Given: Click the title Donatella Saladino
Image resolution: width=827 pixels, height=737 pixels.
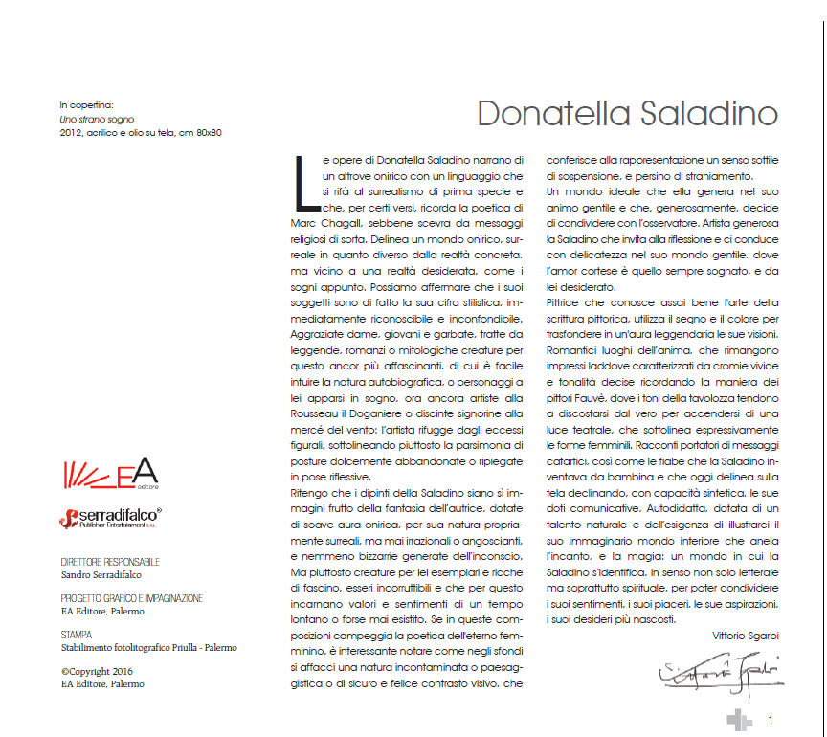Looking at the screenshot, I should [627, 112].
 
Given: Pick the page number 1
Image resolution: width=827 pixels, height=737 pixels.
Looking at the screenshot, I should [771, 719].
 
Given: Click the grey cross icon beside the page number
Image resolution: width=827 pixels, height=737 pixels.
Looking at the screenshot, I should [739, 721].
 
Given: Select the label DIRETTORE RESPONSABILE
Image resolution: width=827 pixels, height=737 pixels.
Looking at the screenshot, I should [109, 562].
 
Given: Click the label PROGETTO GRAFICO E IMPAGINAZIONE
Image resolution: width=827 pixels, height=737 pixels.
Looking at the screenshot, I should [131, 598].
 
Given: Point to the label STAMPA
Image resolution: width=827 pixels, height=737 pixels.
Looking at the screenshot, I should [77, 634].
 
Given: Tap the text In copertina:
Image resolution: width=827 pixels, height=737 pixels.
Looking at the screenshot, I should [87, 104].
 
